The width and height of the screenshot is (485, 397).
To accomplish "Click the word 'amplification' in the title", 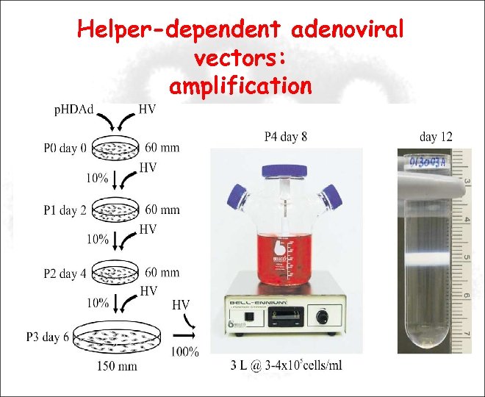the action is click(x=240, y=86).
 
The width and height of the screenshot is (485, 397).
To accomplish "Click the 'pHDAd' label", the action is click(x=74, y=110).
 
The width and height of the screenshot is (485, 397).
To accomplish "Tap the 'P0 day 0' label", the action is click(x=64, y=149).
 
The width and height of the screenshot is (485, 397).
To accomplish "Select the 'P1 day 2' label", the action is click(x=64, y=211).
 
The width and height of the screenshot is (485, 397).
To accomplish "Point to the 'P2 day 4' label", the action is click(x=64, y=273).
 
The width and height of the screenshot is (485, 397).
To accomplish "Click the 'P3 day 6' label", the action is click(x=47, y=337).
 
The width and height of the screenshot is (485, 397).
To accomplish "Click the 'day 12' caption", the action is click(x=436, y=137).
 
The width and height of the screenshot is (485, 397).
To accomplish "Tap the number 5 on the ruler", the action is click(x=467, y=257).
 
